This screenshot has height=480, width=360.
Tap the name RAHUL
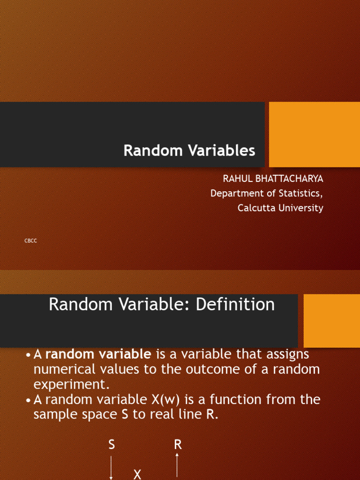[237, 179]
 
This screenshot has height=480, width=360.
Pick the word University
[301, 208]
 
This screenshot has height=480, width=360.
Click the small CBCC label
[30, 241]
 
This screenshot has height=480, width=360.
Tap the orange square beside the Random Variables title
[315, 135]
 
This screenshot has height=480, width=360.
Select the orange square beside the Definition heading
[332, 321]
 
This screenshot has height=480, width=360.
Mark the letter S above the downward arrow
[112, 445]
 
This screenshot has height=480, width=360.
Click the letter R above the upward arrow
[178, 445]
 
